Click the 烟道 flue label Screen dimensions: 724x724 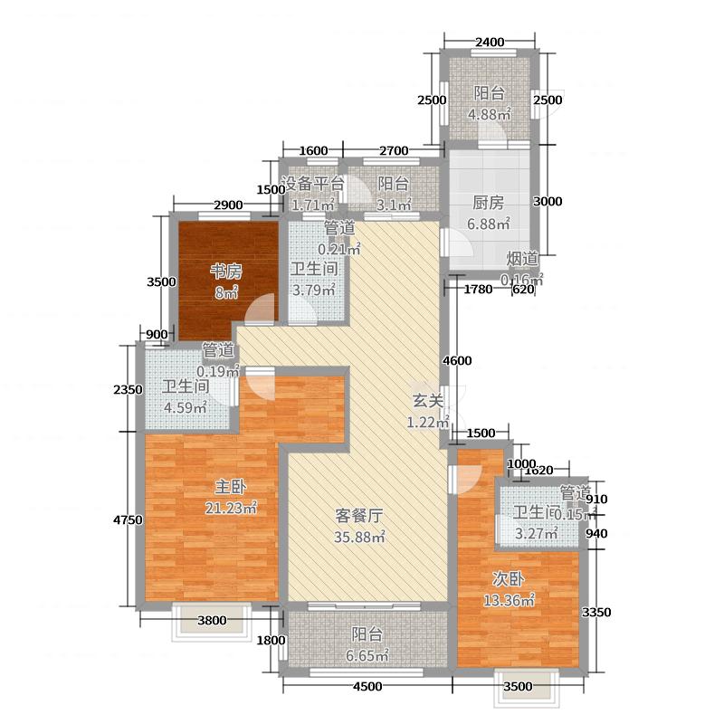522,259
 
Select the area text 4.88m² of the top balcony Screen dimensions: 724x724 489,114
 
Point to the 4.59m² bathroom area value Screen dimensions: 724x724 185,406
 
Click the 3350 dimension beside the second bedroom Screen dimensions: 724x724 596,613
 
